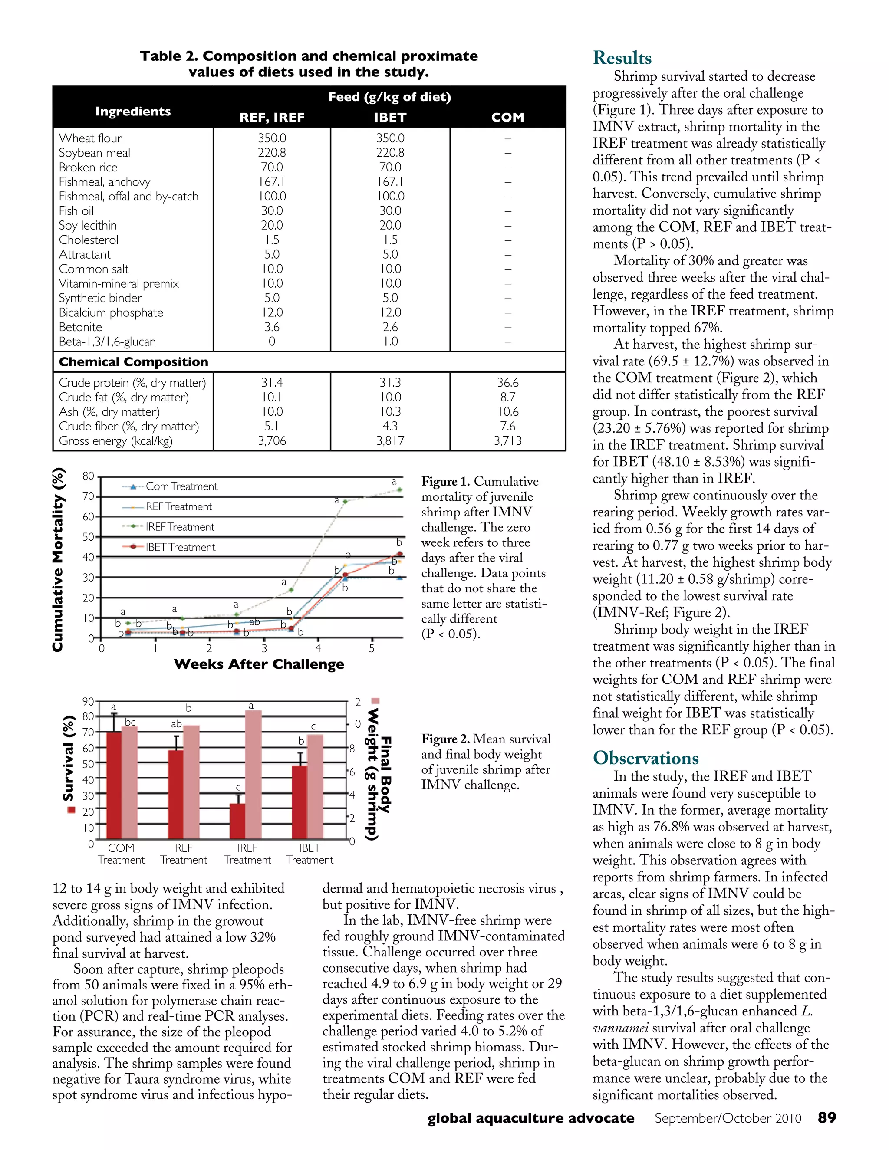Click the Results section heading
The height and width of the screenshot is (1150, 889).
[622, 58]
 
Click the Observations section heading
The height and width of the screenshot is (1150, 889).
[645, 758]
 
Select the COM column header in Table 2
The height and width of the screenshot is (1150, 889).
[507, 118]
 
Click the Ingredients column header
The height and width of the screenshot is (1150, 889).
[133, 111]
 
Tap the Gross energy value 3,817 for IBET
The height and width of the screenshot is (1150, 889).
[390, 441]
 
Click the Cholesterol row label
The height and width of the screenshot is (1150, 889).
[89, 240]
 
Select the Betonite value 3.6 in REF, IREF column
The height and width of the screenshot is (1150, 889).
[272, 327]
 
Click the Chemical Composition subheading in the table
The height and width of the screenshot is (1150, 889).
[133, 362]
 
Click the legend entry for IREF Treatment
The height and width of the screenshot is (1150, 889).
[179, 526]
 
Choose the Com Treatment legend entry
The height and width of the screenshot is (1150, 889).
[181, 486]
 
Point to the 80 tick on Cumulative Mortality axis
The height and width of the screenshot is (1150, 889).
[88, 476]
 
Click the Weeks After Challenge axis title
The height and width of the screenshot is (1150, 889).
[259, 664]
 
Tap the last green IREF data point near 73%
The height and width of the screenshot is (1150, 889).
[400, 490]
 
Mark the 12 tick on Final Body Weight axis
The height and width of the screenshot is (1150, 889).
[356, 703]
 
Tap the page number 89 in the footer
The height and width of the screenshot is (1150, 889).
[827, 1118]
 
